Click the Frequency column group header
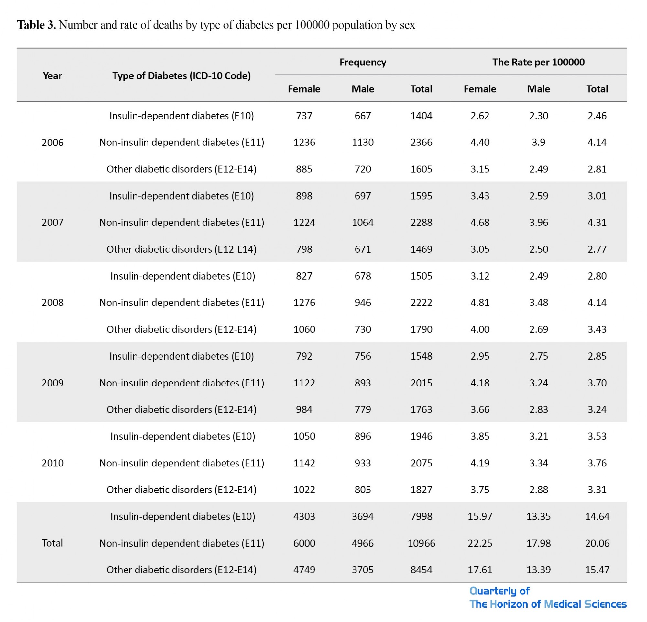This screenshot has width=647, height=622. [x=362, y=62]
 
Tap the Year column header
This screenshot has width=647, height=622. [x=52, y=76]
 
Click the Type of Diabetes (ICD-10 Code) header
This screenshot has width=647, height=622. [x=181, y=76]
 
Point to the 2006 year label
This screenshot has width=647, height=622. [x=52, y=143]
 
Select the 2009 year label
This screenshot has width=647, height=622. [x=52, y=383]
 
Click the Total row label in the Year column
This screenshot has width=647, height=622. [x=52, y=543]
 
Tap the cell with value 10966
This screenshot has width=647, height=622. [x=421, y=543]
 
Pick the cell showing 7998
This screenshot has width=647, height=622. [x=421, y=516]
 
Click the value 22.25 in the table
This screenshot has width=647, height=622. [x=480, y=543]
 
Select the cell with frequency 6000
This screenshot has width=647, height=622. [x=304, y=543]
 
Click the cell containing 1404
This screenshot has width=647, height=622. [x=421, y=116]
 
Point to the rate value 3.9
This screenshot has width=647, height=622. [x=538, y=143]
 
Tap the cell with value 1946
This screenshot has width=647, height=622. [x=421, y=436]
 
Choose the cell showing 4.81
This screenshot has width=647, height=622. [x=480, y=302]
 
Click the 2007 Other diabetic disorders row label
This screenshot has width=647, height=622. [x=181, y=249]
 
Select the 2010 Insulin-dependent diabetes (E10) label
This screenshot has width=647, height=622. [x=182, y=436]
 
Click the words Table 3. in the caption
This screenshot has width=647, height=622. [x=37, y=25]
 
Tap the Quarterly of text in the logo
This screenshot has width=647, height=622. [x=499, y=591]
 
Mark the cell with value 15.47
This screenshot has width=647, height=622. [x=597, y=570]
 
